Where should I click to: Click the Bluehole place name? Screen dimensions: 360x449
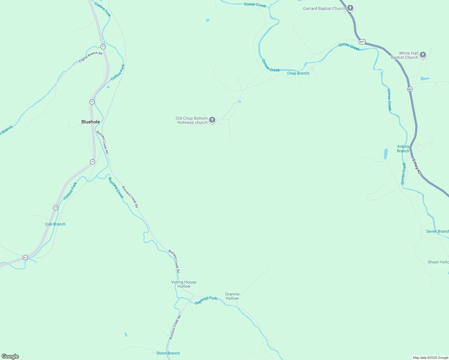[x=91, y=122]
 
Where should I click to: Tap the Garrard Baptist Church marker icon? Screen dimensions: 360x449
[x=350, y=8]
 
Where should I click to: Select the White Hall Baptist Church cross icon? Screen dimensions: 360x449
[x=423, y=55]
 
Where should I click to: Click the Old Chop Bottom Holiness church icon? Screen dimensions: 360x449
[x=212, y=120]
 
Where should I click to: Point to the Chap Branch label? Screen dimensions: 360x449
[x=298, y=73]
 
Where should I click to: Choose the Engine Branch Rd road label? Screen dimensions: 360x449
[x=90, y=57]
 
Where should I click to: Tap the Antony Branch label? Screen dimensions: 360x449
[x=403, y=149]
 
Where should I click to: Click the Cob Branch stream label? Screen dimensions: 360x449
[x=55, y=224]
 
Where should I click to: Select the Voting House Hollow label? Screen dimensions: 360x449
[x=184, y=284]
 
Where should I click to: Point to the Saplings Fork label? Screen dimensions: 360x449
[x=206, y=300]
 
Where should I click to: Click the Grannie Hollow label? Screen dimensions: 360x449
[x=232, y=296]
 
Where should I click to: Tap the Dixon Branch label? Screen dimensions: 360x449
[x=168, y=353]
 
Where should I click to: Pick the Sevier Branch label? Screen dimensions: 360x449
[x=437, y=231]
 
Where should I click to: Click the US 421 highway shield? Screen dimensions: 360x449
[x=362, y=41]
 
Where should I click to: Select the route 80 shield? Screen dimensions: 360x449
[x=410, y=89]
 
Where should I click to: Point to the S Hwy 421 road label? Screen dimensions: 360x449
[x=417, y=167]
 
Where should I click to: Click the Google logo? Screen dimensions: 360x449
[x=10, y=356]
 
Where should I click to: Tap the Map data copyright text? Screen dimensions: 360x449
[x=430, y=358]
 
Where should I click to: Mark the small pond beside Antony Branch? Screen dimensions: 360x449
[x=386, y=154]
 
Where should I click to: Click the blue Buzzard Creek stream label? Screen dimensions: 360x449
[x=116, y=188]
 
